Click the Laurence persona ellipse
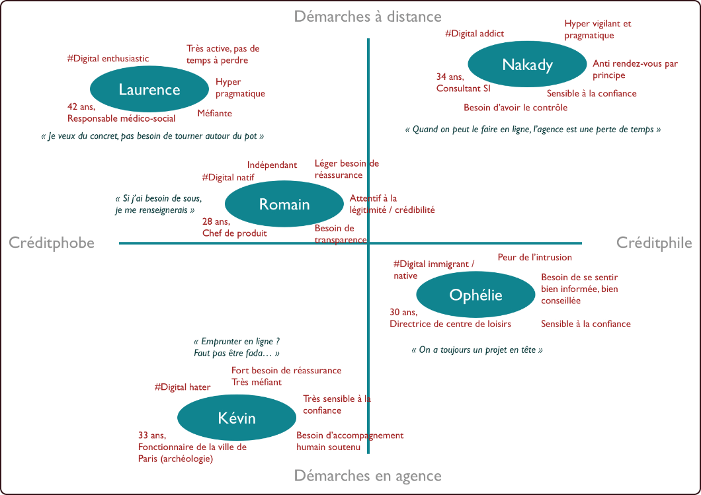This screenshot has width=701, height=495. (149, 90)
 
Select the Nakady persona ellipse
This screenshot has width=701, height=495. (527, 65)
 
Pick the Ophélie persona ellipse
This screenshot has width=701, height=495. (475, 295)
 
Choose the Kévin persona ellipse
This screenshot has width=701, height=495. (237, 418)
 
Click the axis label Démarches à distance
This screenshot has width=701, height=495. (368, 16)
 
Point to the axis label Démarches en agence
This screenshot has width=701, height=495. (368, 476)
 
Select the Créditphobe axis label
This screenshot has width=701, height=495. (52, 243)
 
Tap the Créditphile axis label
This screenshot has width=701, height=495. (654, 243)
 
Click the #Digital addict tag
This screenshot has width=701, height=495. (475, 33)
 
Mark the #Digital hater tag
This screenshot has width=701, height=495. (183, 387)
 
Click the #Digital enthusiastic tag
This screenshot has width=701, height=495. (108, 59)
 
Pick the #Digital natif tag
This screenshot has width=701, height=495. (228, 177)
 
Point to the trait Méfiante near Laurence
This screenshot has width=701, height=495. (215, 113)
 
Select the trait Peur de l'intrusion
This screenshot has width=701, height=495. (535, 257)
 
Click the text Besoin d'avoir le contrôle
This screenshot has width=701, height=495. (516, 107)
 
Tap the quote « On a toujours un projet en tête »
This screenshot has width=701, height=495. (477, 350)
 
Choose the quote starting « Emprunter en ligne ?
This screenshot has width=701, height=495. (237, 348)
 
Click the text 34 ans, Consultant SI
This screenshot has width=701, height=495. (464, 83)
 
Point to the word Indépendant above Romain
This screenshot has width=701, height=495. (272, 165)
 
